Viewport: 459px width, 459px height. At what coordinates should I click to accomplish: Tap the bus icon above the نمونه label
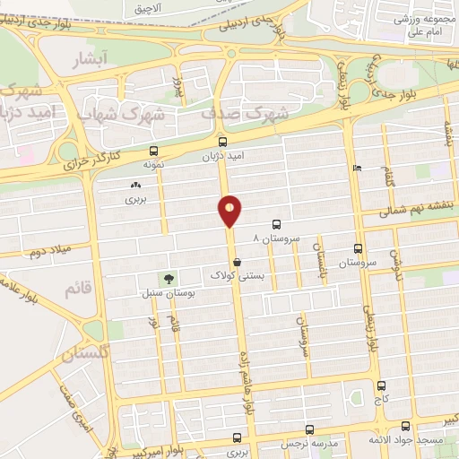pyautogui.click(x=154, y=151)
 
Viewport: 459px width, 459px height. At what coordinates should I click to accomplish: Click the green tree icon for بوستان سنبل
pyautogui.click(x=165, y=279)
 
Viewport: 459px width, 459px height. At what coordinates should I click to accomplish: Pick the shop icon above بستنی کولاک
pyautogui.click(x=236, y=262)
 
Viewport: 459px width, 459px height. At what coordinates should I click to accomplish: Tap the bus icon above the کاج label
pyautogui.click(x=380, y=385)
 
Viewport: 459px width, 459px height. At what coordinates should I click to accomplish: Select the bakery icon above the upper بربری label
pyautogui.click(x=135, y=185)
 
